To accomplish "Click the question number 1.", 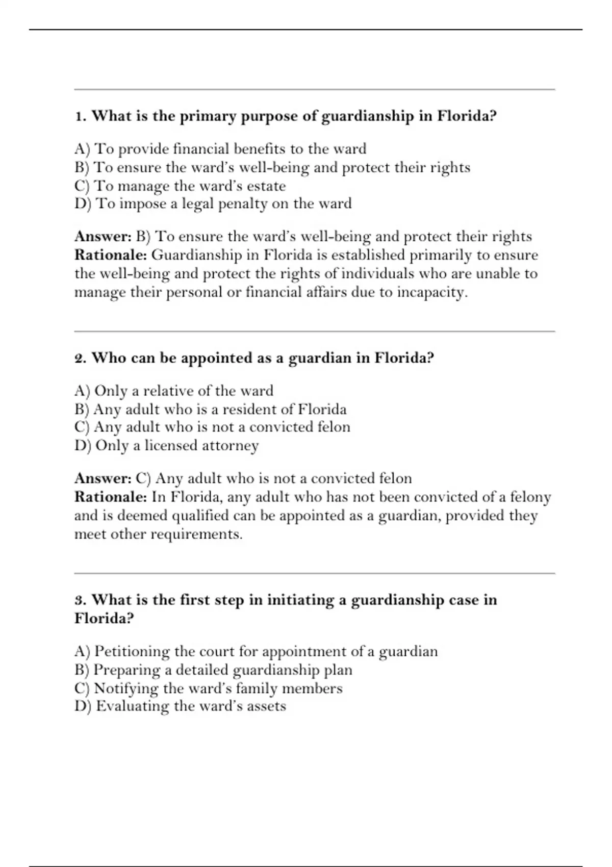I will click(x=79, y=117).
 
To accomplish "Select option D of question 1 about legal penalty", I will click(x=213, y=204).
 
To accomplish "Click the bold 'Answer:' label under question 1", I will click(x=104, y=237).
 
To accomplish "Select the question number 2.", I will click(x=80, y=359).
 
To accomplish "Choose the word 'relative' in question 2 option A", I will click(x=168, y=391).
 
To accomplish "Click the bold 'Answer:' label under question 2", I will click(x=104, y=478).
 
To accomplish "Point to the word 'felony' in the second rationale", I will click(x=530, y=497).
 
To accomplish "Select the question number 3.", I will click(x=79, y=600).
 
